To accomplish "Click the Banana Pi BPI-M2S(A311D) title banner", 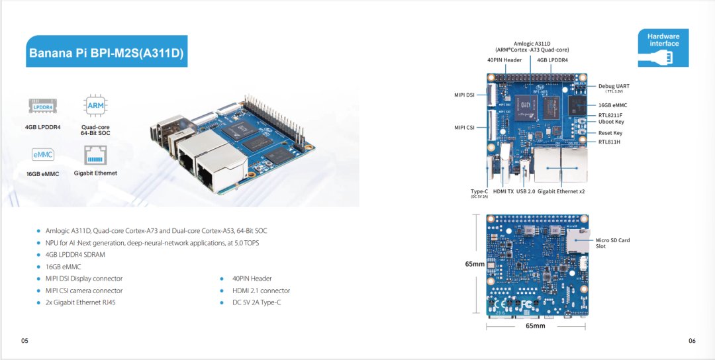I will click(x=107, y=52).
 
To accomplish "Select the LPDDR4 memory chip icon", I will click(x=42, y=106).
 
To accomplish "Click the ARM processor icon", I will click(x=95, y=106).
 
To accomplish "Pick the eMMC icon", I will click(x=42, y=155).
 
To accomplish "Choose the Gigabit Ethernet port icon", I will click(x=95, y=156).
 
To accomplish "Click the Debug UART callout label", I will click(x=614, y=87).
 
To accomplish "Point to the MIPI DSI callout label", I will click(x=463, y=95).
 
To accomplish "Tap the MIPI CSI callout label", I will click(x=463, y=128).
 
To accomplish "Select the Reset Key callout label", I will click(x=610, y=133).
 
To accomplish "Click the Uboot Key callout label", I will click(x=611, y=122).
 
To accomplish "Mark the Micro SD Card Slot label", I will click(x=612, y=243).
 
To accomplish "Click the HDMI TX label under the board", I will click(x=503, y=191).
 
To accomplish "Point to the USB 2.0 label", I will click(x=526, y=191).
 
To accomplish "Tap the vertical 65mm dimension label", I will click(x=475, y=263).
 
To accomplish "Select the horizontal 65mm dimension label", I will click(x=535, y=326).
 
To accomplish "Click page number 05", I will click(x=24, y=341).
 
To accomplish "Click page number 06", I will click(x=692, y=341).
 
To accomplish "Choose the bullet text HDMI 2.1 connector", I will click(x=261, y=291).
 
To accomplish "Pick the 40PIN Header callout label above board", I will click(x=504, y=60).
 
